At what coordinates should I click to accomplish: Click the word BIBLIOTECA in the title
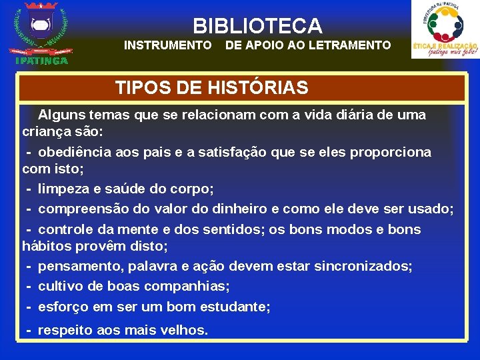(257, 26)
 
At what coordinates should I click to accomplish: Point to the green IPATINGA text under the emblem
(41, 61)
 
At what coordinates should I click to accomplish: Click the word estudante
(235, 307)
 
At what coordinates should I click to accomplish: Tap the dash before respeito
(29, 330)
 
